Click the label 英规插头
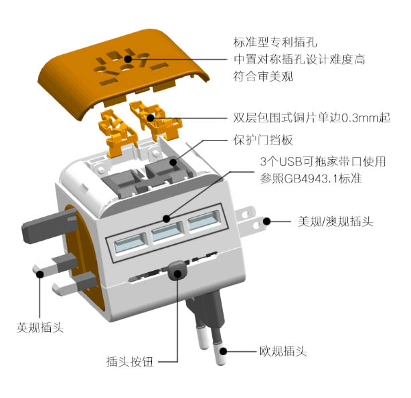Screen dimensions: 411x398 click(40, 327)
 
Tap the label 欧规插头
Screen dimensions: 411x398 click(283, 351)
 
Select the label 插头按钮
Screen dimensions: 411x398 click(130, 362)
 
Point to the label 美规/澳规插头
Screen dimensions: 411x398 click(335, 221)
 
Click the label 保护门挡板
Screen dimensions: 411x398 click(263, 140)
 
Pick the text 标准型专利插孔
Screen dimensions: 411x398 click(275, 42)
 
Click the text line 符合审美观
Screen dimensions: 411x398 click(263, 76)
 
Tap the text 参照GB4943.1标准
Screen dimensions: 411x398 click(311, 179)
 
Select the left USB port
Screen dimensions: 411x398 click(131, 243)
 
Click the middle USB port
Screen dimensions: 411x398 click(167, 231)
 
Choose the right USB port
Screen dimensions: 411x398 click(203, 220)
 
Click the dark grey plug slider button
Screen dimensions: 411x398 click(177, 270)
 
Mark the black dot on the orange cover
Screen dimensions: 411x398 click(128, 59)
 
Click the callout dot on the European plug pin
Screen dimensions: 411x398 click(223, 351)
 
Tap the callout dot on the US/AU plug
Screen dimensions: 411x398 click(266, 221)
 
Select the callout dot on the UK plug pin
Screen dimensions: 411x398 click(40, 274)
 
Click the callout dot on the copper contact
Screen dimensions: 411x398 click(151, 118)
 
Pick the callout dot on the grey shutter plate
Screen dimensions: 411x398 click(173, 163)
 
